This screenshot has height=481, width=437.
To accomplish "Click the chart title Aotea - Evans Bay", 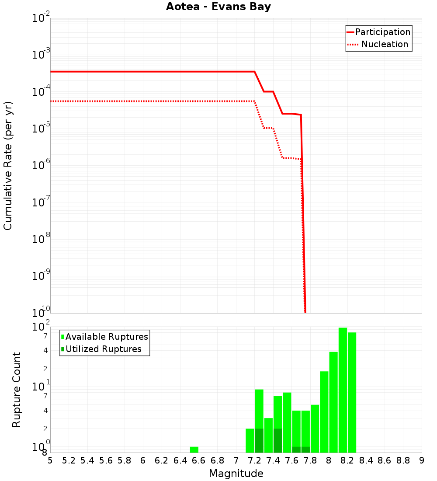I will point(218,7).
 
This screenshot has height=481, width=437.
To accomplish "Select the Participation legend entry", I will point(382,32).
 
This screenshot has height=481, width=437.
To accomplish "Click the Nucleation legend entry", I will point(384,45).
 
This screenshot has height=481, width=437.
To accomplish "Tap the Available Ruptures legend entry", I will point(107,337).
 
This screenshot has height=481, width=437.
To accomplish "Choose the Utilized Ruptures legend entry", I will point(103,349).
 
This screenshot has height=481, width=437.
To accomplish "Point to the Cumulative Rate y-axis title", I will point(8,166).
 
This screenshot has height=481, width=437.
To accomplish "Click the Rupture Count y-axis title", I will point(17,390).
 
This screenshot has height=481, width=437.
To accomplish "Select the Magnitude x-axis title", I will point(236,474).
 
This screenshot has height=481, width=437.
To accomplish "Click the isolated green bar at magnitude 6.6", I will point(194,450).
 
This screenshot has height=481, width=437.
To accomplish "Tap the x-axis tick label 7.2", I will point(254,460).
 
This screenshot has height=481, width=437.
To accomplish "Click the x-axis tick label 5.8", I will point(125,460).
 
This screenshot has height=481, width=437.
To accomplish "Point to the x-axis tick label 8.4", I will point(366,460).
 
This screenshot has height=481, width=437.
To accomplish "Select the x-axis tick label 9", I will point(421,460).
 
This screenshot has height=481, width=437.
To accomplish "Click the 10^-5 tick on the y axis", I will point(41,128).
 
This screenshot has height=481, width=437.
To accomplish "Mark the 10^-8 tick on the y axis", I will point(41,239).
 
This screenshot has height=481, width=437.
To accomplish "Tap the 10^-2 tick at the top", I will point(41,18).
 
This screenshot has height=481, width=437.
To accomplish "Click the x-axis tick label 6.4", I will point(180,460).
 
